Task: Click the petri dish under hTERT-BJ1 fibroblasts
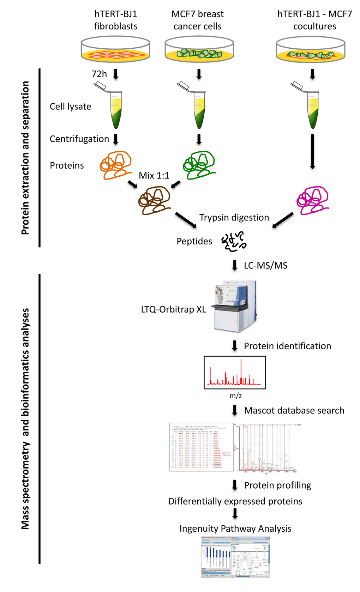click(115, 49)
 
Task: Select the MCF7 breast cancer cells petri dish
click(199, 49)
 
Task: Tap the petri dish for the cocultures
click(311, 49)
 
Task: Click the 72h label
click(99, 74)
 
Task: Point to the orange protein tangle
click(115, 165)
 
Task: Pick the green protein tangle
click(199, 165)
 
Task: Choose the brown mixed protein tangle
click(155, 200)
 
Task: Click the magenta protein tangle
click(312, 200)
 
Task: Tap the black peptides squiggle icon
click(234, 241)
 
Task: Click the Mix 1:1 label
click(154, 176)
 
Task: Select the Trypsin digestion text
click(234, 217)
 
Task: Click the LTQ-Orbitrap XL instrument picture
click(234, 306)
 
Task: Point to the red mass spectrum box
click(235, 372)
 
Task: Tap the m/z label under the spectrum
click(236, 396)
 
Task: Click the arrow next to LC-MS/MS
click(235, 265)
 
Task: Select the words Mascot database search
click(294, 411)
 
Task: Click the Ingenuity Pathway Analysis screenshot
click(235, 557)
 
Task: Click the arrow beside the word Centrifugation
click(115, 139)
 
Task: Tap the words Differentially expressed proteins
click(235, 501)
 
